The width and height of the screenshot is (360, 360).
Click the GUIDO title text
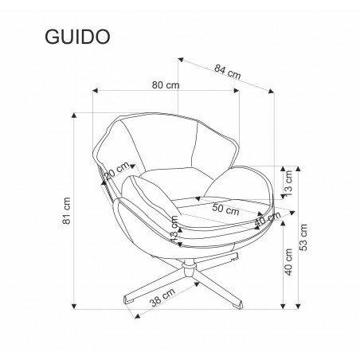coord(77,37)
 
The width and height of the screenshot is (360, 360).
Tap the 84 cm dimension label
coord(228,72)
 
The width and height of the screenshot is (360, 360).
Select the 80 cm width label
coord(166,85)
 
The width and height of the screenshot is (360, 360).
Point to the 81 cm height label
coord(67,210)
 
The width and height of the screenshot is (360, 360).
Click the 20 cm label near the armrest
coord(117,171)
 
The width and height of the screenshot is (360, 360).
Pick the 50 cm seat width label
coord(225,209)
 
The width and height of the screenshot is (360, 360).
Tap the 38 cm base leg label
coord(162,297)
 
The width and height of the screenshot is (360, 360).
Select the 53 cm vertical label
coord(303,237)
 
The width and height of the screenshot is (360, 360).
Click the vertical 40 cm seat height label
coord(288,262)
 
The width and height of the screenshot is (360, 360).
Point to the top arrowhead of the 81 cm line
coord(74,115)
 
